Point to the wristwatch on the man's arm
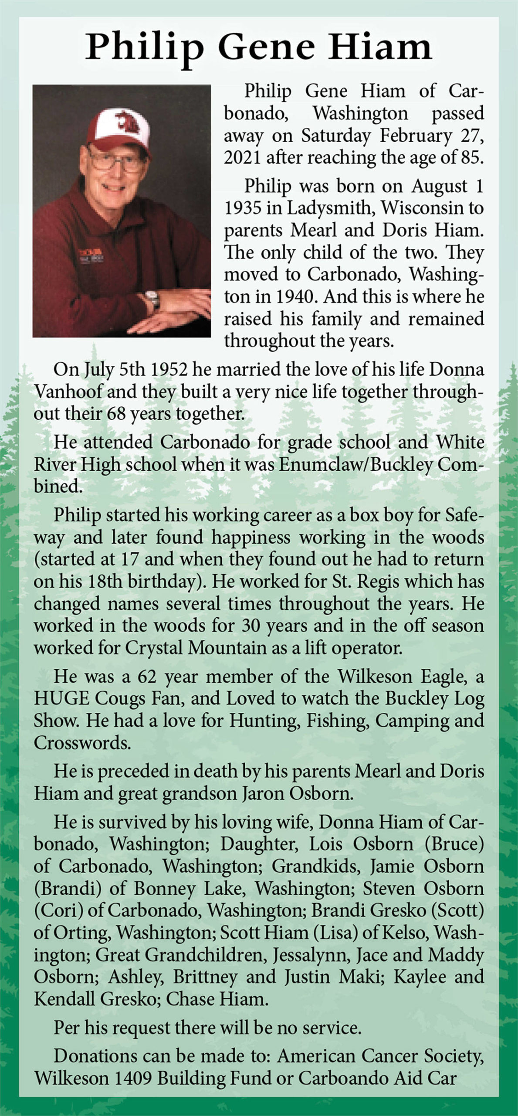tap(152, 299)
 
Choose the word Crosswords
tap(82, 743)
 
